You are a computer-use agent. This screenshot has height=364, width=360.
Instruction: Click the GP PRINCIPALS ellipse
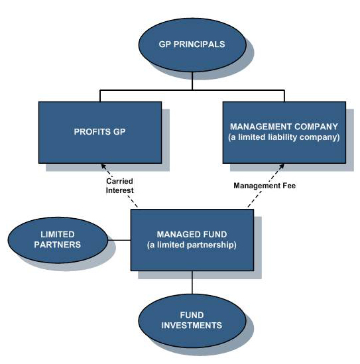pyautogui.click(x=192, y=45)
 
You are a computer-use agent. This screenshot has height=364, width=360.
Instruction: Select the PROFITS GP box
pyautogui.click(x=100, y=133)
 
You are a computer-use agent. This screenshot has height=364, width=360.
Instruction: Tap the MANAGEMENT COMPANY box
pyautogui.click(x=284, y=133)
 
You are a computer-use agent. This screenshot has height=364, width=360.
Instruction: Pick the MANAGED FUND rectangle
pyautogui.click(x=192, y=240)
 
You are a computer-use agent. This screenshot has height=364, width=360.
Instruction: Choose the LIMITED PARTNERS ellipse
pyautogui.click(x=58, y=240)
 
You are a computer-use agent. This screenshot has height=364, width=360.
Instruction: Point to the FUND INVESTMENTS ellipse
pyautogui.click(x=192, y=321)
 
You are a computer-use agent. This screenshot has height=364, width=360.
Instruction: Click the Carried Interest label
pyautogui.click(x=120, y=186)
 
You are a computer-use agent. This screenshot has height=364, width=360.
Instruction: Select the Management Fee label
pyautogui.click(x=265, y=186)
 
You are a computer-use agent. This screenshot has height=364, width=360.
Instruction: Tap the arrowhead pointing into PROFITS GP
pyautogui.click(x=103, y=166)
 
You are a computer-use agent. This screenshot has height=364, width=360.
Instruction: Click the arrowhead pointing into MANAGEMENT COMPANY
pyautogui.click(x=281, y=166)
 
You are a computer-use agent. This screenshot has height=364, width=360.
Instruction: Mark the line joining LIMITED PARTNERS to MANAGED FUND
pyautogui.click(x=119, y=240)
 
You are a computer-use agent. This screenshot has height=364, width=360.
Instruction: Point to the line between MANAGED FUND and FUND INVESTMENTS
pyautogui.click(x=192, y=282)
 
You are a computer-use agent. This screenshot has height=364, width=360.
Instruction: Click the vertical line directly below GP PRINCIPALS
pyautogui.click(x=192, y=81)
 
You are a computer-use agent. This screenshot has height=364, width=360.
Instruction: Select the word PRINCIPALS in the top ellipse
pyautogui.click(x=200, y=44)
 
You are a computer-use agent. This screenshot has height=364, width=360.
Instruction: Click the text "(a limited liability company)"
pyautogui.click(x=284, y=137)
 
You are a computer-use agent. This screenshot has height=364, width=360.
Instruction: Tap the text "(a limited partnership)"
pyautogui.click(x=192, y=245)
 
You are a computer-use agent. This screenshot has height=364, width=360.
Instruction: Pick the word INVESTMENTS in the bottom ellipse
pyautogui.click(x=192, y=326)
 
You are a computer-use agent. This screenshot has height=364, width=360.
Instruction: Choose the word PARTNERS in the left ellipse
pyautogui.click(x=57, y=245)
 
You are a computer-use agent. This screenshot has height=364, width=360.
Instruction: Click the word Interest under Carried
pyautogui.click(x=120, y=190)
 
